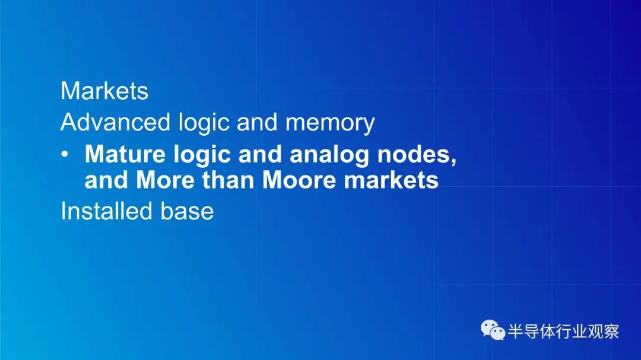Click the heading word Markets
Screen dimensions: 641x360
pos(104,90)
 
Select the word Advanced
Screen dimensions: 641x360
pos(115,122)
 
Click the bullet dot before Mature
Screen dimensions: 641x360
pos(65,154)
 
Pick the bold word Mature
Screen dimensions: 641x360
pos(125,154)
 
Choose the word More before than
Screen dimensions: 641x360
pos(165,180)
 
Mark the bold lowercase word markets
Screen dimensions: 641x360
pos(391,180)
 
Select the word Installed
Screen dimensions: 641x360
pos(106,211)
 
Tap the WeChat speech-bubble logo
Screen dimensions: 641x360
pos(493,330)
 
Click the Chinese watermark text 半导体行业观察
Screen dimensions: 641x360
pos(564,331)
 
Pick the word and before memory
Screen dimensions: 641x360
pos(258,122)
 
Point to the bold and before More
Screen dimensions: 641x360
pos(106,180)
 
